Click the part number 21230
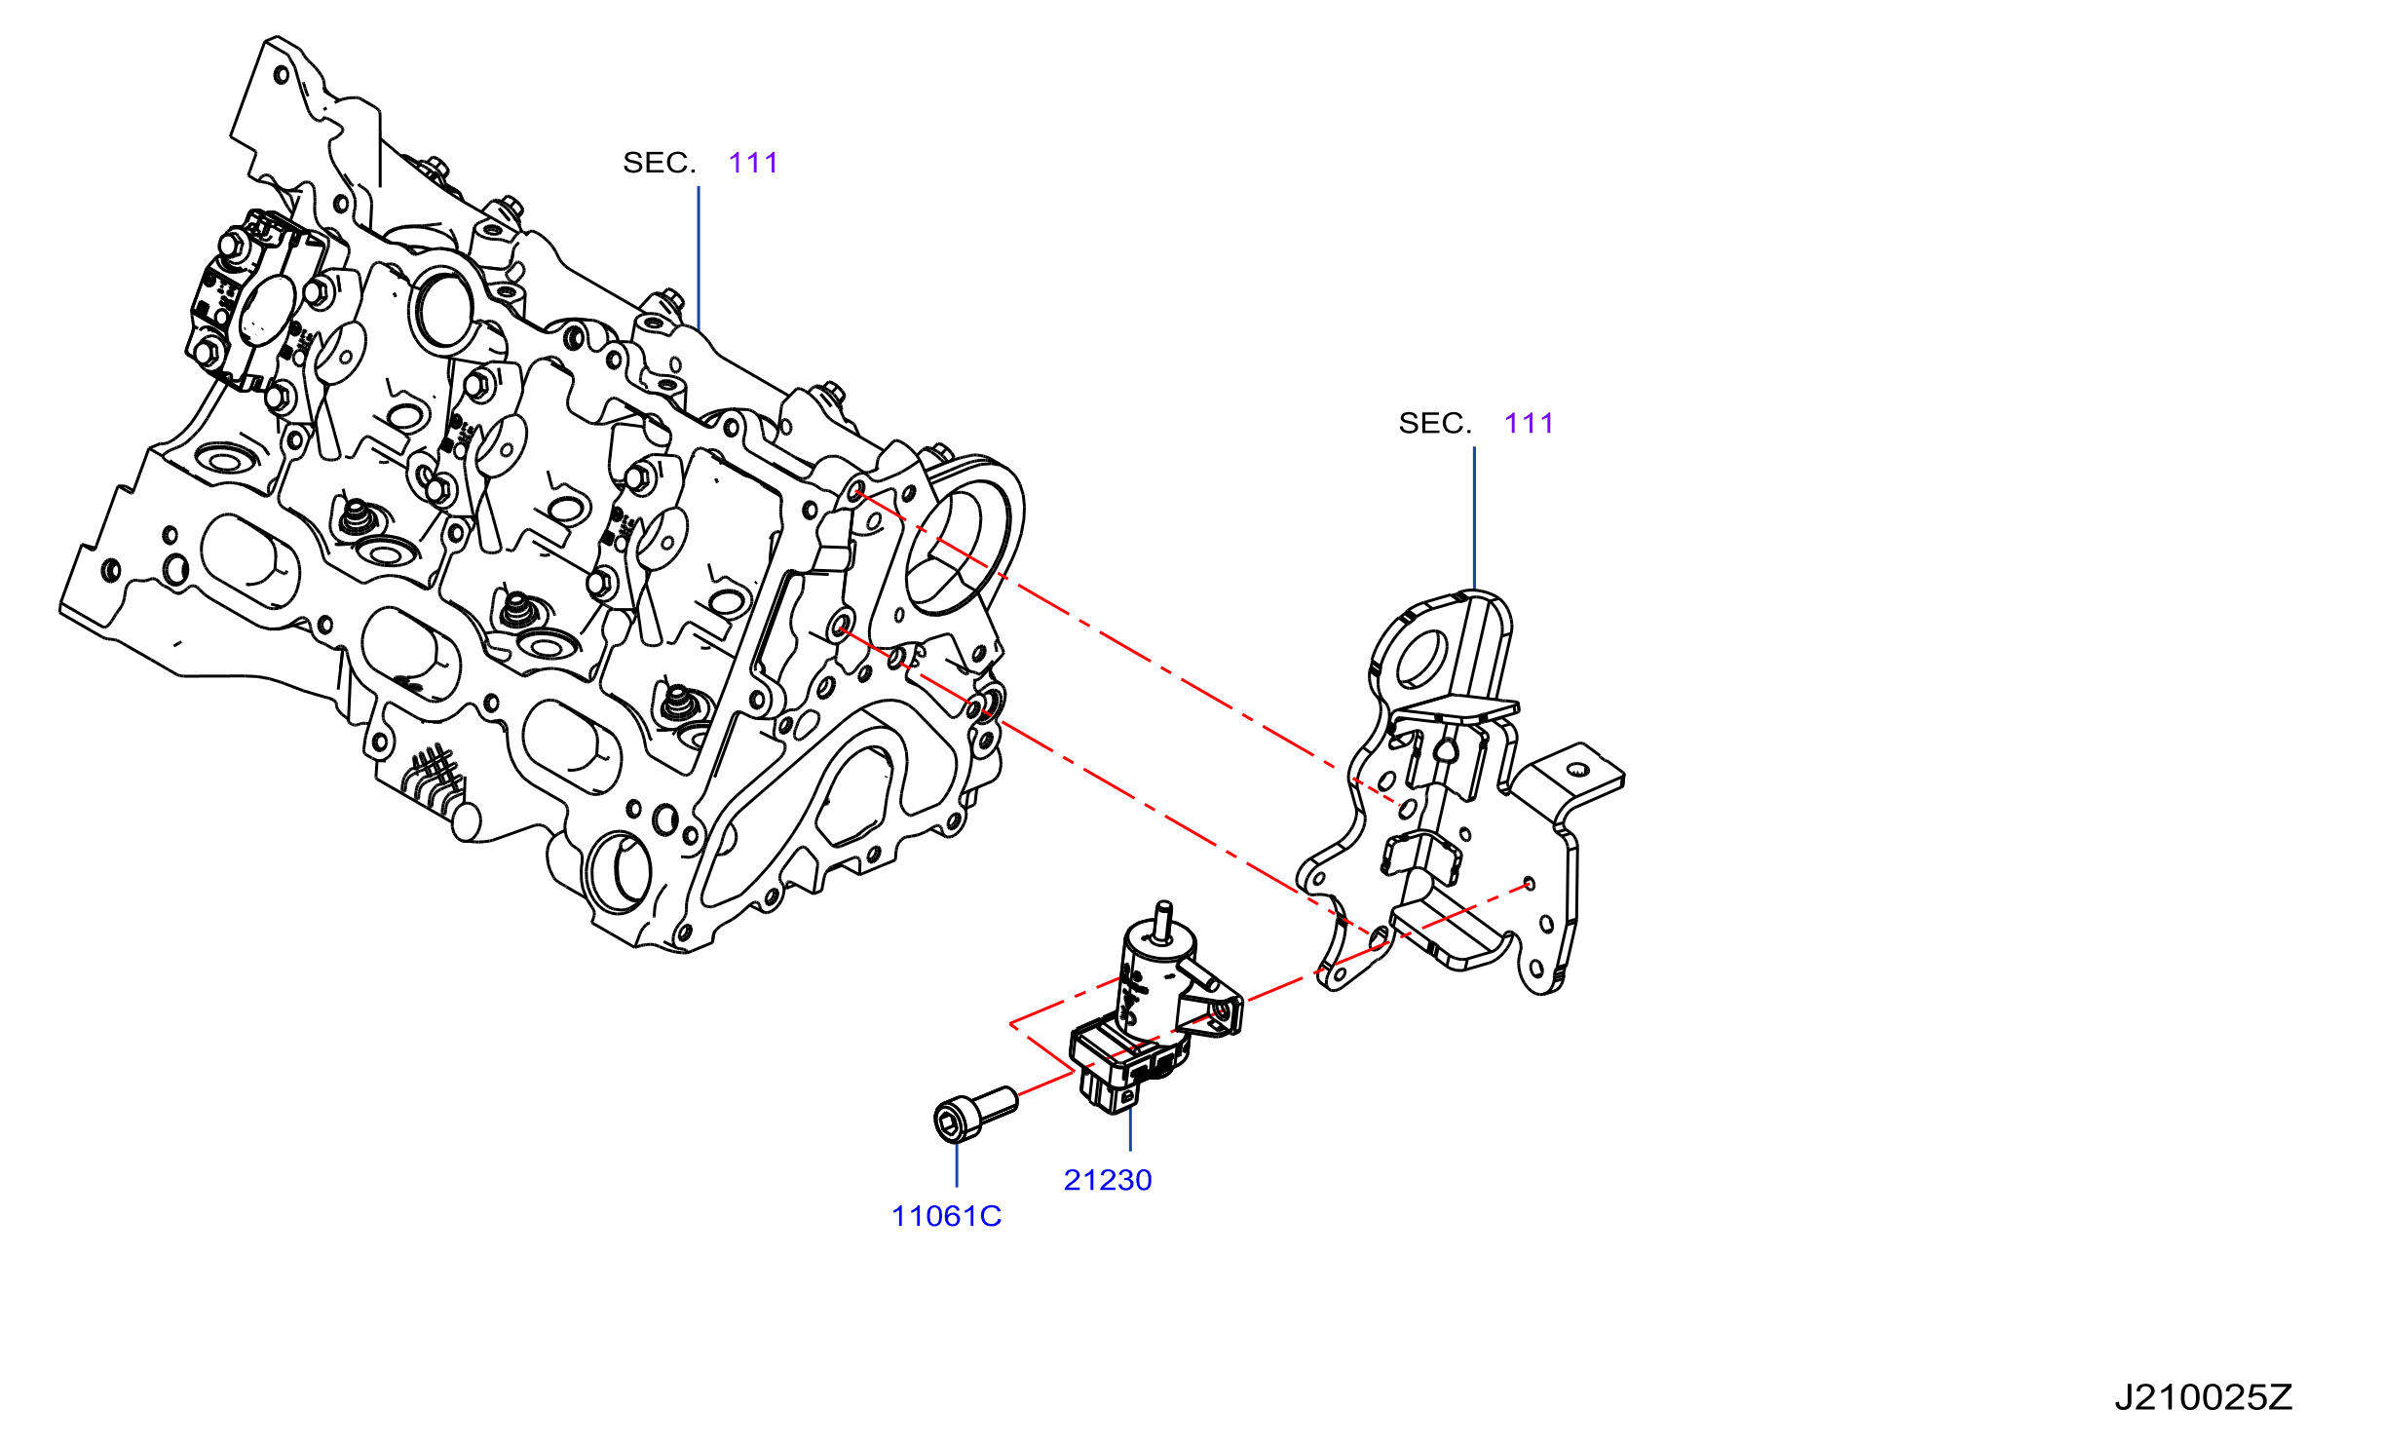[x=1108, y=1180]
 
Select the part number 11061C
[x=946, y=1216]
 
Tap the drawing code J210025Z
[x=2203, y=1397]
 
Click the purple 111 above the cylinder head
[x=753, y=163]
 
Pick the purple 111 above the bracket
[x=1529, y=423]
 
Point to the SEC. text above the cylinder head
[x=660, y=163]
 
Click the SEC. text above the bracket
[x=1435, y=423]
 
